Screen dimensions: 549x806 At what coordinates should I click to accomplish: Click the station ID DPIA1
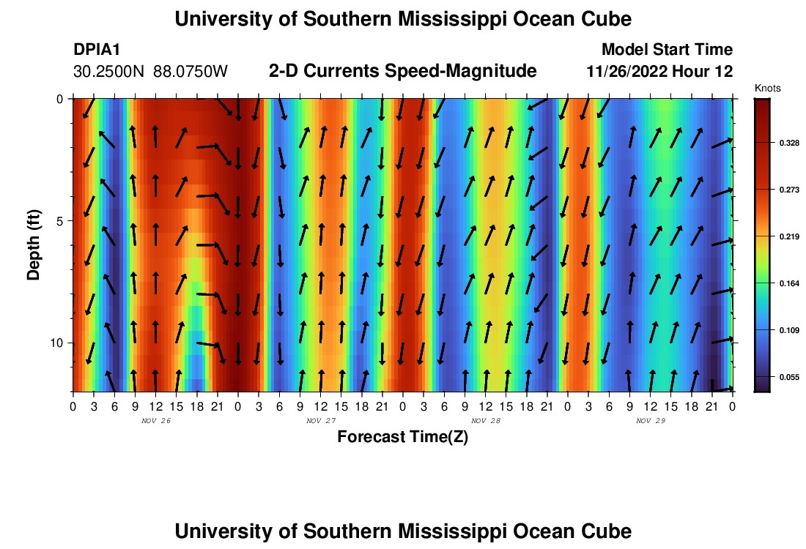click(x=97, y=50)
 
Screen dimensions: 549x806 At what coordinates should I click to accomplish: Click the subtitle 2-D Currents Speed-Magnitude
click(x=403, y=71)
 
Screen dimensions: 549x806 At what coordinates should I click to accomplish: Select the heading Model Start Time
click(x=666, y=50)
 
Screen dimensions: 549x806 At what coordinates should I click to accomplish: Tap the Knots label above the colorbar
click(x=767, y=88)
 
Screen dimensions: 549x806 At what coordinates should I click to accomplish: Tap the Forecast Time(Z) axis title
click(x=402, y=437)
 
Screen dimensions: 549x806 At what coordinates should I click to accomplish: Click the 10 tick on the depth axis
click(x=59, y=343)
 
